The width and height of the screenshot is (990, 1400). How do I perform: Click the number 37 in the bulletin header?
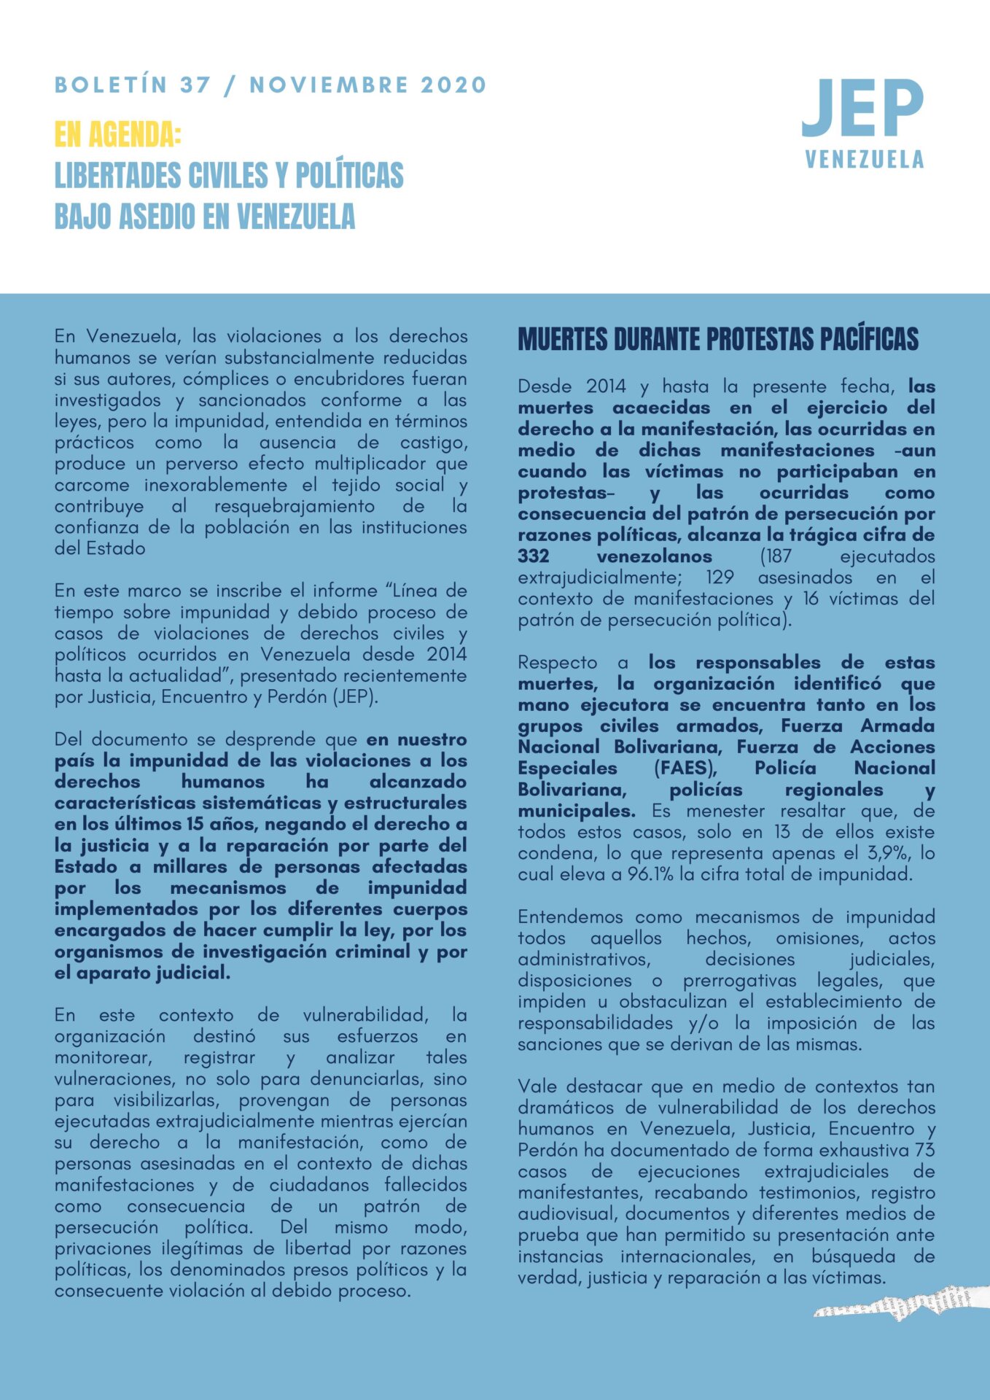[195, 85]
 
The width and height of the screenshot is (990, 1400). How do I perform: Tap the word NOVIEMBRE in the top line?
[329, 85]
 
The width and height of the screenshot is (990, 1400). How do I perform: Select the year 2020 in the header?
[453, 85]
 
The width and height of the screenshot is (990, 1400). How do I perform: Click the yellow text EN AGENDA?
[117, 134]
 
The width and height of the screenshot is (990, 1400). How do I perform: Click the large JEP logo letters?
[863, 109]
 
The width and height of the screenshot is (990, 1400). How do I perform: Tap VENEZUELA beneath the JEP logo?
[865, 160]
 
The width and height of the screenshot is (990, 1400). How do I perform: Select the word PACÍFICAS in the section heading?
[869, 340]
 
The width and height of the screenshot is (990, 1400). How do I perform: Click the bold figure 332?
[534, 556]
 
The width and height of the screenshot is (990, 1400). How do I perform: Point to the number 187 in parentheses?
[777, 556]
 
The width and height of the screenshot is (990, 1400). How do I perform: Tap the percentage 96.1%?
[650, 874]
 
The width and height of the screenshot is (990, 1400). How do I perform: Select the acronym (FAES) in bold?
[685, 769]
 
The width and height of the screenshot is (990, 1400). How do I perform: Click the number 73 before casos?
[924, 1150]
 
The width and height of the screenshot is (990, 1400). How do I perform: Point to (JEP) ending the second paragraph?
[355, 697]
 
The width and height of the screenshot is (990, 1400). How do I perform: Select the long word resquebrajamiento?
[294, 506]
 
